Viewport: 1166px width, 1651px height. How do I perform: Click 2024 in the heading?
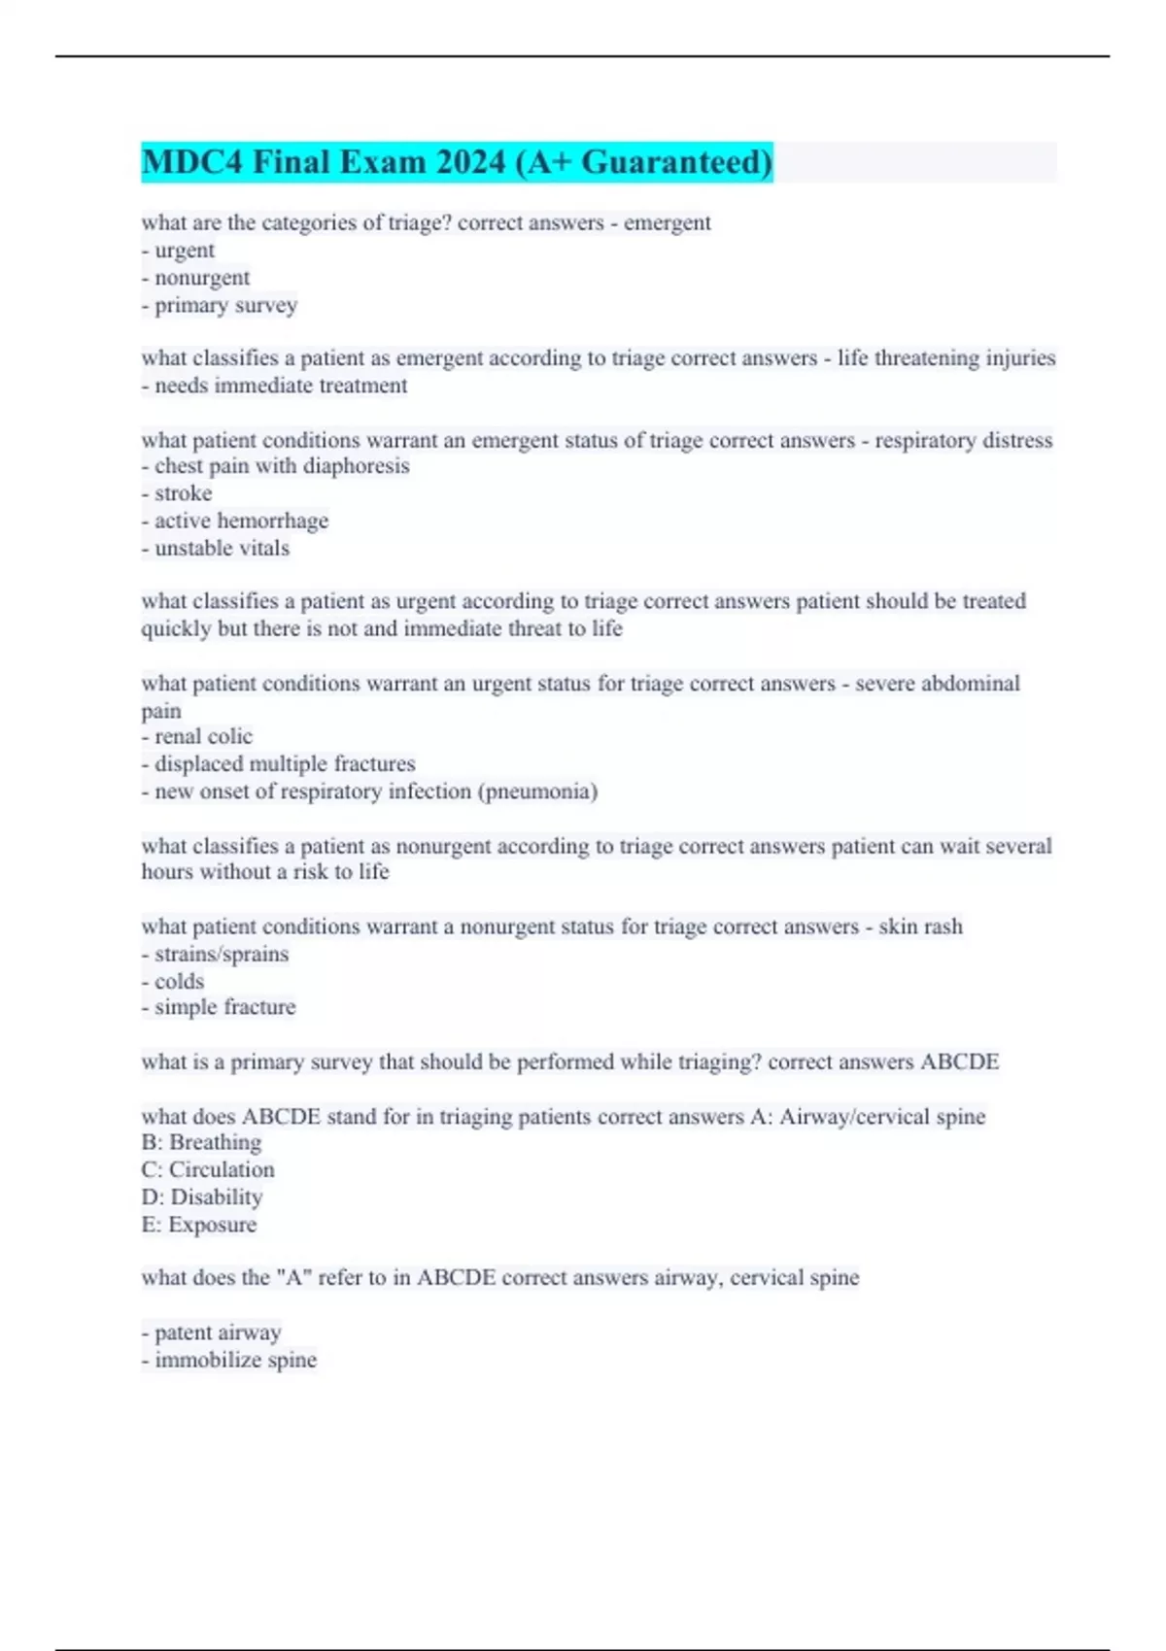[470, 162]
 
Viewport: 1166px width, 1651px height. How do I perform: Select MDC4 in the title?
[191, 162]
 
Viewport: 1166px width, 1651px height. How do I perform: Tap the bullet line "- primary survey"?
[220, 305]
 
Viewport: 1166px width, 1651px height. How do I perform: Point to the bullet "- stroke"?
[177, 493]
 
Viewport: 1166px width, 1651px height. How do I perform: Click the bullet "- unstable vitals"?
[216, 548]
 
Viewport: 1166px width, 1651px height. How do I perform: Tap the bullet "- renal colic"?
[197, 736]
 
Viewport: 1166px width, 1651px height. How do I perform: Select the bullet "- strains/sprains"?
[215, 954]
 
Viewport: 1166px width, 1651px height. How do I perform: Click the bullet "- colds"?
[173, 981]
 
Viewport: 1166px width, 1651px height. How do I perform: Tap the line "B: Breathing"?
[201, 1142]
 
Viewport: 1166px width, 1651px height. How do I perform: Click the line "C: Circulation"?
[208, 1169]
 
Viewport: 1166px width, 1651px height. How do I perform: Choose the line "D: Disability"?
[202, 1196]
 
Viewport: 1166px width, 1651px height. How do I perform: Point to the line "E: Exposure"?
[199, 1225]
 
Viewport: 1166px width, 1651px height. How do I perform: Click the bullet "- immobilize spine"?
[229, 1360]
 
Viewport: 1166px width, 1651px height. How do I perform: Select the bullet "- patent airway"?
[212, 1332]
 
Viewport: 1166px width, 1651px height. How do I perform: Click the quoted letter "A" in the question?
[294, 1278]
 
